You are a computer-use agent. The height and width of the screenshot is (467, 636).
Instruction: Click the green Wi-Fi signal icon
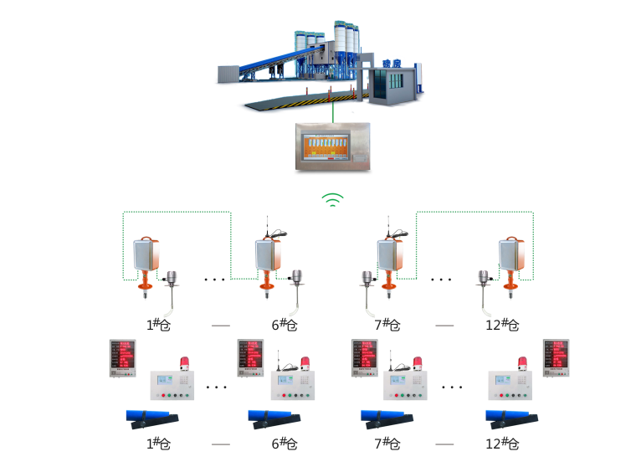point(333,199)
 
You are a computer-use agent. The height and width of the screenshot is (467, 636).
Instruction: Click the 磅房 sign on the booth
point(391,62)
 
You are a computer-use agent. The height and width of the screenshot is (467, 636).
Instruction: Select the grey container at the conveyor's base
point(228,74)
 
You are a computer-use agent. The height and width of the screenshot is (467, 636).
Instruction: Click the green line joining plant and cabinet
point(332,110)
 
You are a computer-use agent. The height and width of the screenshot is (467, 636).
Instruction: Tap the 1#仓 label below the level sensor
point(158,325)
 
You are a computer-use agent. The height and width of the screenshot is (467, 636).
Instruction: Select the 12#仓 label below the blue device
point(502,443)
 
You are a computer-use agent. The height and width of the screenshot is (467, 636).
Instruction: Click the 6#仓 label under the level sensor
point(285,325)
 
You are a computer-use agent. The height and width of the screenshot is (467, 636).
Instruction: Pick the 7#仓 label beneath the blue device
point(387,443)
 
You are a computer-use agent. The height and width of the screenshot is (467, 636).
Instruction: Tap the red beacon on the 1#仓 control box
point(185,363)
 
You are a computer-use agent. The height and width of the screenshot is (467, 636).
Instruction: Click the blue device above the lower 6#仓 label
point(274,417)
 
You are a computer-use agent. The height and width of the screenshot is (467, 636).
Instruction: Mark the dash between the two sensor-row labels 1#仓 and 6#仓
point(220,325)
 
